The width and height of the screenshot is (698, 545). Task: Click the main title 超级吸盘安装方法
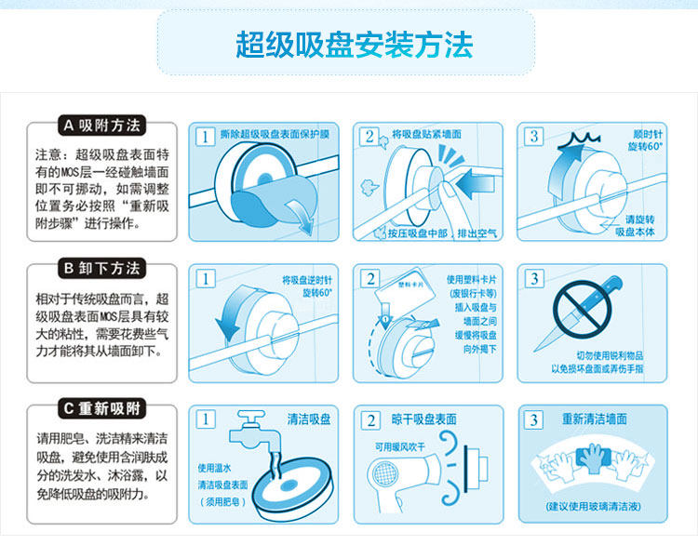click(x=354, y=45)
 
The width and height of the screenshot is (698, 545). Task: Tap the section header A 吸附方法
click(x=102, y=126)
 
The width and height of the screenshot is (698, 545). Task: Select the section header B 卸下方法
click(x=102, y=268)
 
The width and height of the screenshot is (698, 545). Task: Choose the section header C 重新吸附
click(x=102, y=408)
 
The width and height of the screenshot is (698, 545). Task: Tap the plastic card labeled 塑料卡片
click(x=405, y=288)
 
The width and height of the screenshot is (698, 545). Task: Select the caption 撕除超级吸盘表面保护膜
click(x=275, y=134)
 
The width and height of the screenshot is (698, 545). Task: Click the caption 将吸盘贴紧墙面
click(x=426, y=134)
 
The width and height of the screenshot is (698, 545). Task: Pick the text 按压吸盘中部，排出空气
click(x=442, y=233)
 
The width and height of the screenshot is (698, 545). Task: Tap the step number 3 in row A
click(x=534, y=136)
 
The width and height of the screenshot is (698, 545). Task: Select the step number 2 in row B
click(x=370, y=279)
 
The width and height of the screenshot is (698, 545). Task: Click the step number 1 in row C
click(x=206, y=419)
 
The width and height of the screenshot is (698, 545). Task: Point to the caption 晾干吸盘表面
click(x=423, y=419)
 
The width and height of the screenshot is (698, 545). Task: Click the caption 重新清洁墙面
click(x=595, y=419)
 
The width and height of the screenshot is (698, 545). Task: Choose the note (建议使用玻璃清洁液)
click(x=593, y=506)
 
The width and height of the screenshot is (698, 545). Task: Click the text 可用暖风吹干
click(x=400, y=446)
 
